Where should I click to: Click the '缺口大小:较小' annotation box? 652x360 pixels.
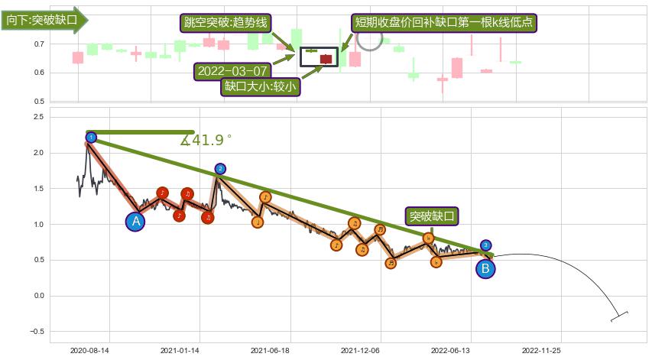tap(260, 86)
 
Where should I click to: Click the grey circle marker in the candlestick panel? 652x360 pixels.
tap(369, 40)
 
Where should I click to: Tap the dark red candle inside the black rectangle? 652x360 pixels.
tap(326, 59)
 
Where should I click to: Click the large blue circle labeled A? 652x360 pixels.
tap(135, 222)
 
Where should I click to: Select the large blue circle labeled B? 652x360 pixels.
tap(485, 268)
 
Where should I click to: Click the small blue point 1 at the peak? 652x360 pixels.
tap(91, 138)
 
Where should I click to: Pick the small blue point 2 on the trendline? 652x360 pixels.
tap(220, 169)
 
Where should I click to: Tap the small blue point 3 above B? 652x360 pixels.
tap(486, 245)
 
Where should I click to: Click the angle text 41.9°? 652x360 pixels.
tap(206, 140)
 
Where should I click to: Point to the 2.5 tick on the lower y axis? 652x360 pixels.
tap(37, 117)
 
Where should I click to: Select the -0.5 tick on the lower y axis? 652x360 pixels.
tap(35, 332)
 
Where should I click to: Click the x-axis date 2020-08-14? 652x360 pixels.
tap(89, 350)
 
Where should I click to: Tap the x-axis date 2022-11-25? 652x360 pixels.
tap(541, 350)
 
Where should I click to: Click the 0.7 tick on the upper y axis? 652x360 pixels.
tap(38, 44)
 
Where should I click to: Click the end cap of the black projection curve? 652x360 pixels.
tap(620, 316)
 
